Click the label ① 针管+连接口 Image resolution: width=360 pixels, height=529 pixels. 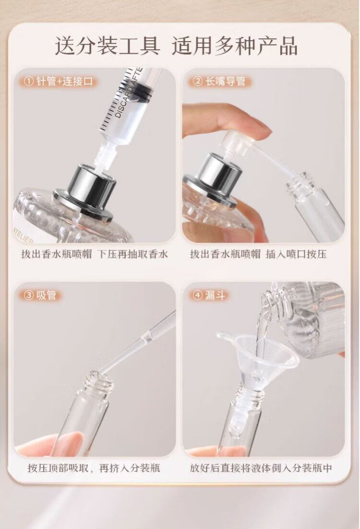(59, 82)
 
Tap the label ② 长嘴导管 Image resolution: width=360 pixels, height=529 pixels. (219, 82)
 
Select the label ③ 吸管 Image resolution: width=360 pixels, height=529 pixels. (40, 295)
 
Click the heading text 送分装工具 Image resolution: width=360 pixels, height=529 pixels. (108, 46)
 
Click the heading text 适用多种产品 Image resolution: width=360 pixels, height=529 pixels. (235, 46)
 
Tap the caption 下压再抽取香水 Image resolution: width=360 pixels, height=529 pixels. (133, 254)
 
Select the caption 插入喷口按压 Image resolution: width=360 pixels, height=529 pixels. (296, 254)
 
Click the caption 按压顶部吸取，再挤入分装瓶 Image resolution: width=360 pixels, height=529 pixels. (94, 468)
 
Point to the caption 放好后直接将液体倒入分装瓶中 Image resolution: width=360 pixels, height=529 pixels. (261, 468)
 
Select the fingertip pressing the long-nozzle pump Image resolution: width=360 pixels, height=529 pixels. (257, 127)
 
